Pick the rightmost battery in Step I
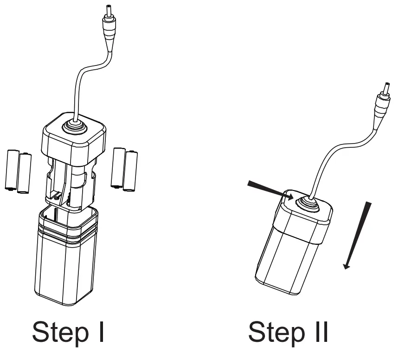click(x=131, y=170)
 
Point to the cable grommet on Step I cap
click(x=73, y=125)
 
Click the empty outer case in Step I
click(x=66, y=265)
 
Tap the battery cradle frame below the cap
click(x=70, y=181)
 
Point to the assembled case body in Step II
click(x=288, y=255)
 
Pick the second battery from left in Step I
click(x=24, y=172)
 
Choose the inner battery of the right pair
click(x=119, y=168)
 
